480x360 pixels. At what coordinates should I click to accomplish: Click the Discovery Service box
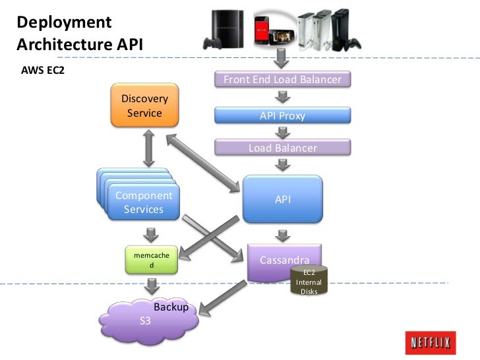click(144, 105)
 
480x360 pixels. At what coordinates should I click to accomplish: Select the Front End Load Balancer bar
click(282, 80)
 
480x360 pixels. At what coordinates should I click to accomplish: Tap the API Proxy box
click(282, 116)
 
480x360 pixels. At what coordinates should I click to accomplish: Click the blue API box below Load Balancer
click(282, 199)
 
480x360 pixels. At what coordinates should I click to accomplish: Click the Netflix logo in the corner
click(432, 343)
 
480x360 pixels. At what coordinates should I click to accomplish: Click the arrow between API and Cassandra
click(282, 233)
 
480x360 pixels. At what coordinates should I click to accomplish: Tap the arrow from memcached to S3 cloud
click(152, 285)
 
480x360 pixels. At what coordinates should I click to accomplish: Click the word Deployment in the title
click(64, 22)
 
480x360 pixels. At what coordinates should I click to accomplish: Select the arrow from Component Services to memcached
click(152, 234)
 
